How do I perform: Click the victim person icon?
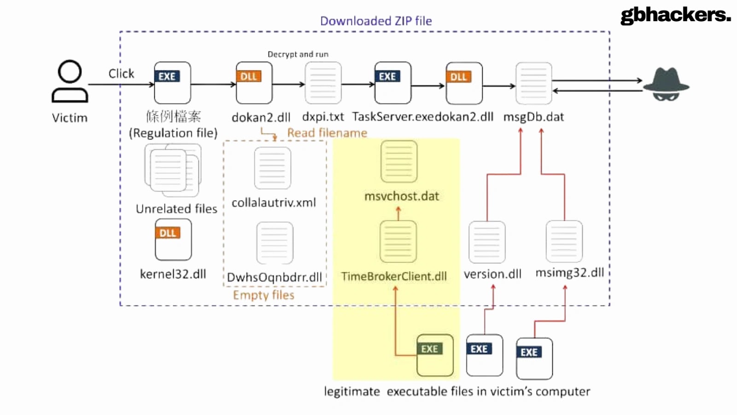(x=70, y=81)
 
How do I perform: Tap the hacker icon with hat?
(x=666, y=84)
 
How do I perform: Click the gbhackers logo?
(x=675, y=15)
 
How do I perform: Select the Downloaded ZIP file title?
(x=376, y=21)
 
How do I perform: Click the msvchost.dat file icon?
(x=399, y=161)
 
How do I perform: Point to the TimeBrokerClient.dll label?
(x=394, y=276)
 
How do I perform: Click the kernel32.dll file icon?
(x=173, y=240)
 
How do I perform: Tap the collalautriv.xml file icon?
(x=273, y=168)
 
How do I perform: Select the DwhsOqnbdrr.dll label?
(x=275, y=277)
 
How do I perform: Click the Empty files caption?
(x=263, y=295)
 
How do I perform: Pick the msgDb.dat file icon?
(x=533, y=83)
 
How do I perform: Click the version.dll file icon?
(x=487, y=242)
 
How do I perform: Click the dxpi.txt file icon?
(x=323, y=83)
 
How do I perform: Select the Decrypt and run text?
(x=298, y=54)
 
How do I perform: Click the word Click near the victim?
(x=121, y=74)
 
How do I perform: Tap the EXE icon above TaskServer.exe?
(x=392, y=83)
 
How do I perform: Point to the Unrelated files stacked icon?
(x=173, y=170)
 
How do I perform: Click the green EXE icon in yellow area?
(x=435, y=355)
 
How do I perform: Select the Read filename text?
(x=327, y=133)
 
